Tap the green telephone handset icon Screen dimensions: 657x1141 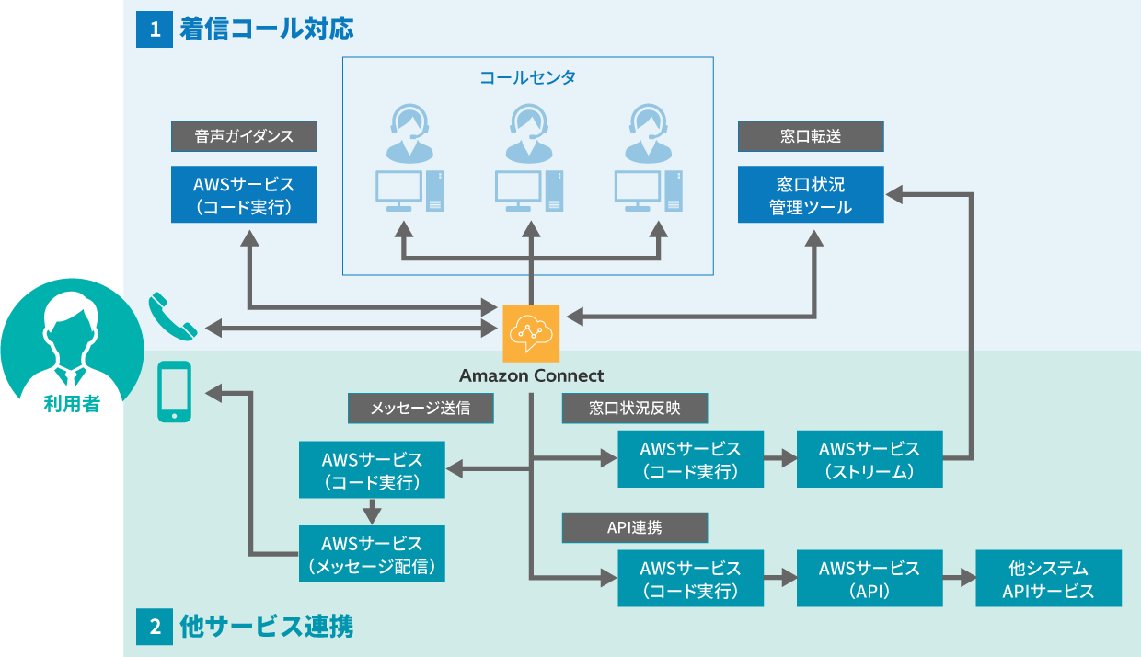173,316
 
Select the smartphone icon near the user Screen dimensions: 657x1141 175,391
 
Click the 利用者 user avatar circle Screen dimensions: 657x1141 72,351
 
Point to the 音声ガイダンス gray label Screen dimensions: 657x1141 244,136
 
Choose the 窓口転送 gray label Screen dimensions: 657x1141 811,136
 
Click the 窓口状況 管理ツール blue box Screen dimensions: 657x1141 811,195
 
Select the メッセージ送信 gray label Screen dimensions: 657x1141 421,408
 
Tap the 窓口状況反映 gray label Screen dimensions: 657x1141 635,408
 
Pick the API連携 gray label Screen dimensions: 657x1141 635,528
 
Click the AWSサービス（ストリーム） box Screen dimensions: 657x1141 870,459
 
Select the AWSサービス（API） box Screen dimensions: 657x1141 870,579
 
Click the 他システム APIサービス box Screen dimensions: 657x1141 1048,579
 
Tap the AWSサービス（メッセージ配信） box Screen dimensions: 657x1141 373,554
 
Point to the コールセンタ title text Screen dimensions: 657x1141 528,77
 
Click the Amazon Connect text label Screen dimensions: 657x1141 531,375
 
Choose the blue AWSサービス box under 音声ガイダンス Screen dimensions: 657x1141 244,195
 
